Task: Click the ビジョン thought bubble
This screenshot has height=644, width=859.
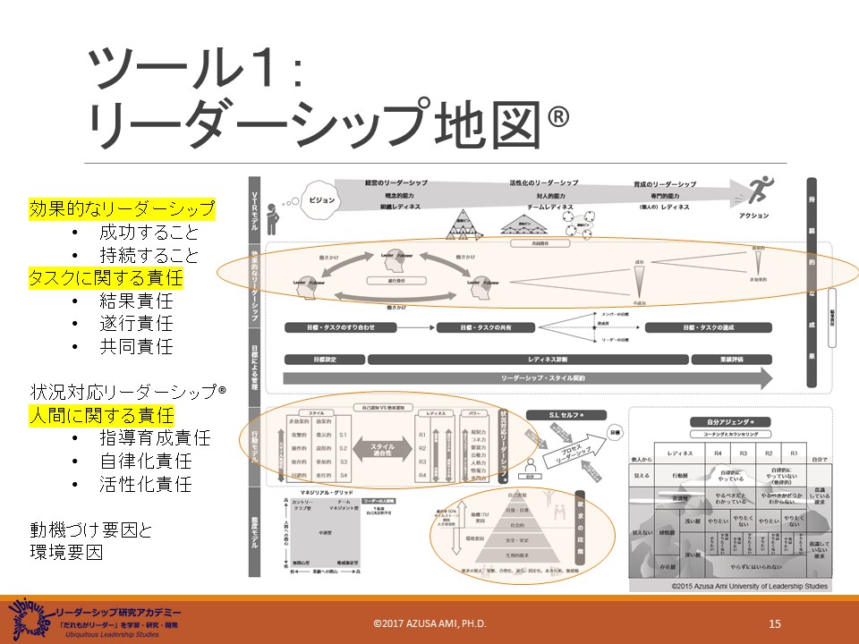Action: (323, 200)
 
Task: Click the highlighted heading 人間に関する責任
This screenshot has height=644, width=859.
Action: (100, 415)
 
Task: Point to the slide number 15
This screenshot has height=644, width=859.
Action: (775, 623)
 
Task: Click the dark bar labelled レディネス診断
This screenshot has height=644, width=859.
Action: (528, 360)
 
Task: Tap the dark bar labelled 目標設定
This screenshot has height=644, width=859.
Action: (325, 360)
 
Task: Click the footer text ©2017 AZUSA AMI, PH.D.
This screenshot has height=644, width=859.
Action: (429, 623)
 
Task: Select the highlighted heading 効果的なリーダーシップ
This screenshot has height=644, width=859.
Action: (123, 209)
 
